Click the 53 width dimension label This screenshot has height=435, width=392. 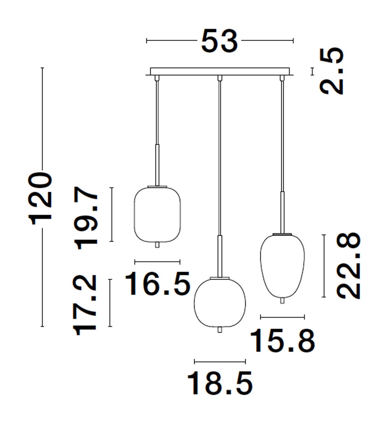pyautogui.click(x=219, y=41)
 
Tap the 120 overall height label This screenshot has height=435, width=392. pyautogui.click(x=40, y=199)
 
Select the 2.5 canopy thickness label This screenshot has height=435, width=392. pyautogui.click(x=332, y=71)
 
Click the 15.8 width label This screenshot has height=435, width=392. pyautogui.click(x=282, y=341)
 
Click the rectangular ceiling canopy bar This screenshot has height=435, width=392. pyautogui.click(x=220, y=71)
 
